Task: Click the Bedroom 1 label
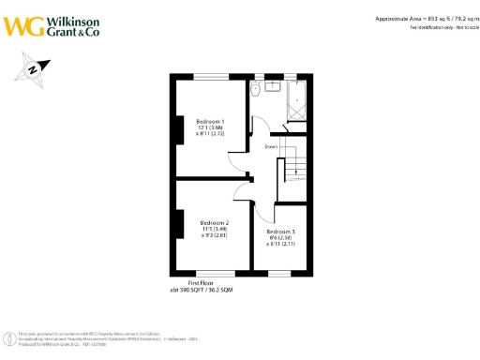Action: coord(210,122)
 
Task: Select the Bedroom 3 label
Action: coord(280,231)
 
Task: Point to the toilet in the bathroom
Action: coord(255,91)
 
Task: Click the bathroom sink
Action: coord(274,87)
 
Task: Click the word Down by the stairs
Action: coord(270,146)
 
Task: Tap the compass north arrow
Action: coord(32,68)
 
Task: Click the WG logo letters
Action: coord(22,24)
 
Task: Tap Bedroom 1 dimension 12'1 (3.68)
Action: coord(210,129)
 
